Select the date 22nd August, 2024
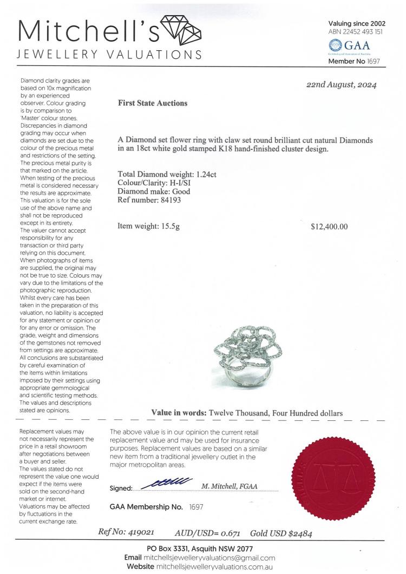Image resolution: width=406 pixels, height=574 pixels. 341,85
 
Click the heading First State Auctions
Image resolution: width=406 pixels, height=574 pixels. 152,103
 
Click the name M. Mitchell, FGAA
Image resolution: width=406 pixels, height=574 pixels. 229,486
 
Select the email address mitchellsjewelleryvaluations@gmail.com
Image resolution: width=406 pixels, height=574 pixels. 209,558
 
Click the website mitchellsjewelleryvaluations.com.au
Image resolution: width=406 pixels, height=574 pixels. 213,567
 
